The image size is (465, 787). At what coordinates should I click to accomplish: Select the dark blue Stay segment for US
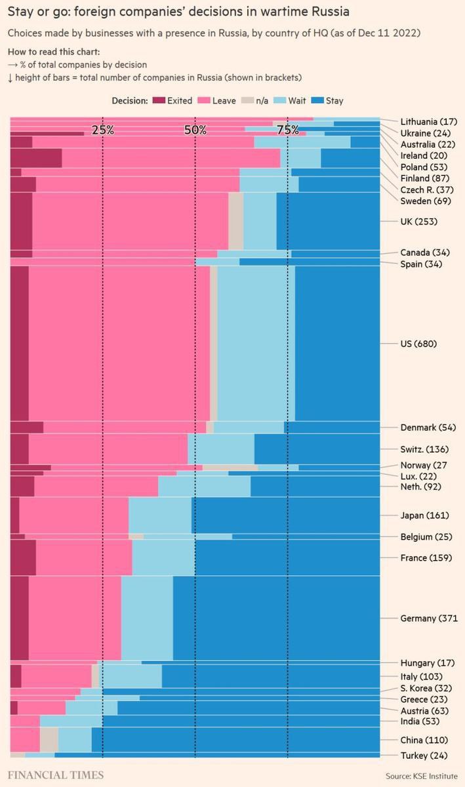click(x=337, y=344)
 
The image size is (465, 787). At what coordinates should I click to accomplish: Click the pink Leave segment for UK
click(x=130, y=221)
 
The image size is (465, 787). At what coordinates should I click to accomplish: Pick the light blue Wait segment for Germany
click(x=147, y=618)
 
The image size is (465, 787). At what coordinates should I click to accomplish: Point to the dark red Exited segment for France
click(x=23, y=557)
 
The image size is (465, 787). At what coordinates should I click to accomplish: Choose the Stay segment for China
click(x=235, y=740)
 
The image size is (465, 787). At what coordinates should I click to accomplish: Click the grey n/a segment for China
click(x=49, y=740)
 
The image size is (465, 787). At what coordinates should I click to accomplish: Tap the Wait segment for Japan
click(x=160, y=515)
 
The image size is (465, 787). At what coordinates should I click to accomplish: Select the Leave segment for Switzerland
click(x=108, y=449)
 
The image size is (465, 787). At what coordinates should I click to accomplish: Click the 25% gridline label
click(x=103, y=130)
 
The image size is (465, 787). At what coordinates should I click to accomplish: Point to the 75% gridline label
click(x=288, y=130)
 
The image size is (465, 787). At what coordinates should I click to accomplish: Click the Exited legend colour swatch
click(x=159, y=101)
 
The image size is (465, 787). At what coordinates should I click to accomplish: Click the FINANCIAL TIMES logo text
click(x=56, y=775)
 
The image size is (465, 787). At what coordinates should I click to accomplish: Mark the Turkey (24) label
click(x=424, y=755)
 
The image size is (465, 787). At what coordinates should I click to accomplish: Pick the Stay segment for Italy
click(x=270, y=676)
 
